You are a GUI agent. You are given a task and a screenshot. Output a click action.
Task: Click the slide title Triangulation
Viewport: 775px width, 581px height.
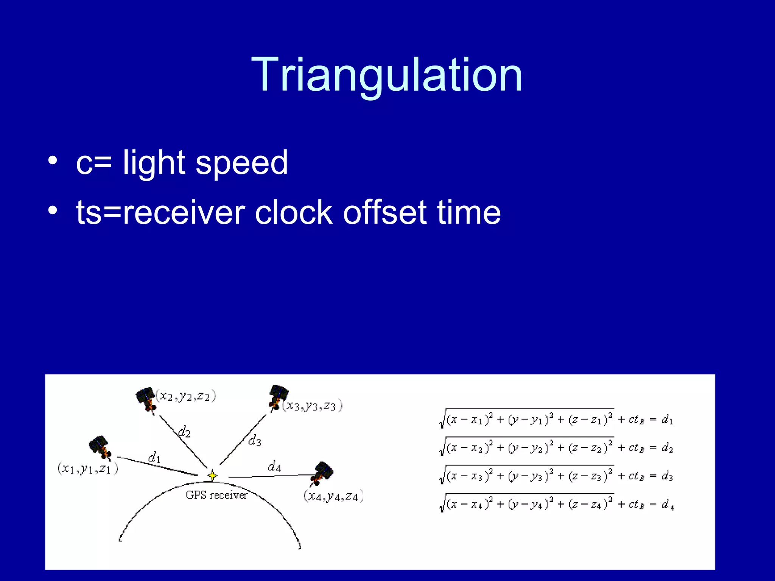pyautogui.click(x=387, y=75)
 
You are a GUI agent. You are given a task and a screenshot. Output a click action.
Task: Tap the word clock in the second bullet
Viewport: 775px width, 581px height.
pyautogui.click(x=294, y=213)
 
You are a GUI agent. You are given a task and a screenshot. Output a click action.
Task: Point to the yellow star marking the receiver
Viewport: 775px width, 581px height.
pyautogui.click(x=213, y=475)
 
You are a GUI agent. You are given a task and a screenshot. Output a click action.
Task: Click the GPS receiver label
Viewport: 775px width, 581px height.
pyautogui.click(x=216, y=495)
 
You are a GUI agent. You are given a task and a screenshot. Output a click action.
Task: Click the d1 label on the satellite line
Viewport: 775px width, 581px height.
pyautogui.click(x=154, y=458)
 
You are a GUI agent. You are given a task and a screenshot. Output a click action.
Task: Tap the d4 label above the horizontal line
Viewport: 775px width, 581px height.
pyautogui.click(x=274, y=466)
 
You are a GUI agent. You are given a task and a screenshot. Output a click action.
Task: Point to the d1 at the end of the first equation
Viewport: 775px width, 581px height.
pyautogui.click(x=667, y=419)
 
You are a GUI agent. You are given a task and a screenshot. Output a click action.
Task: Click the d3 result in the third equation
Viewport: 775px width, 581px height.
pyautogui.click(x=667, y=476)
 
